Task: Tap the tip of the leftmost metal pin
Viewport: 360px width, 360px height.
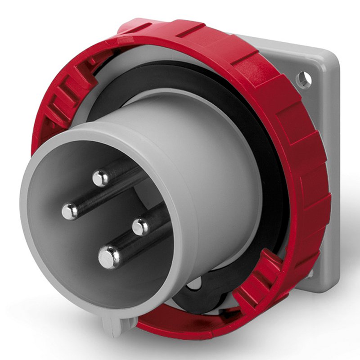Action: (70, 211)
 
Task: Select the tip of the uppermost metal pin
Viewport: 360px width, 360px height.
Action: (101, 178)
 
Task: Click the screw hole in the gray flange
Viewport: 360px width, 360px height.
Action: (304, 80)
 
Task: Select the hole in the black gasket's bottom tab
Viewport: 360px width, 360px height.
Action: (194, 284)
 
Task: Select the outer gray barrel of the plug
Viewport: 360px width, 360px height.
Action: (216, 171)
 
